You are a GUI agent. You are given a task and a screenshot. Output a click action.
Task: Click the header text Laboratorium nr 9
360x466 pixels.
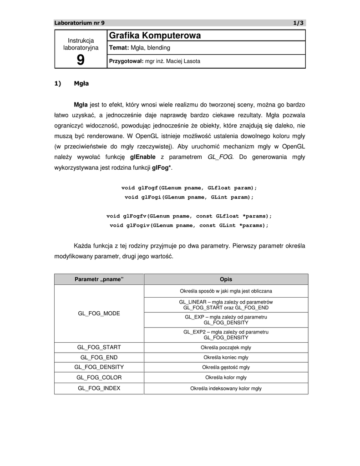79,23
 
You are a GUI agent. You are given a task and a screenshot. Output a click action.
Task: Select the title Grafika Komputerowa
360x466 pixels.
155,35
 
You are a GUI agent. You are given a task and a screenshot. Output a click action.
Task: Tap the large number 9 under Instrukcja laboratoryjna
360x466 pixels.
81,60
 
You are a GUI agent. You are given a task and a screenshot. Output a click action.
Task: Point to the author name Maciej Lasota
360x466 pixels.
184,61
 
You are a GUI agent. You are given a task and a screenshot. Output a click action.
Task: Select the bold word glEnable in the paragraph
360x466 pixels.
142,157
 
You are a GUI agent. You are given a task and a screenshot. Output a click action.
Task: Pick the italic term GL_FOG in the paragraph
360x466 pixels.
220,157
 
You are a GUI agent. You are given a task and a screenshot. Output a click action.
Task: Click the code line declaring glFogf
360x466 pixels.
189,187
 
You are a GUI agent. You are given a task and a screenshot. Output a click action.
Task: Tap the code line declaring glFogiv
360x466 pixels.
189,225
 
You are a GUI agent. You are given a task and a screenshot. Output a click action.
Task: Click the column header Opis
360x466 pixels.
226,279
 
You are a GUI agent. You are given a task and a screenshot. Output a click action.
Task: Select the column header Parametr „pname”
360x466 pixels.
99,279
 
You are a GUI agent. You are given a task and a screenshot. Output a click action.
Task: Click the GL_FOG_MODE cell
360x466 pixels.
99,314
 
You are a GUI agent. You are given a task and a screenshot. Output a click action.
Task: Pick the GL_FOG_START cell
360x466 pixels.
99,347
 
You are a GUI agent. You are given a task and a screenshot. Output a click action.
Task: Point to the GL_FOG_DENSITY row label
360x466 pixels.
99,367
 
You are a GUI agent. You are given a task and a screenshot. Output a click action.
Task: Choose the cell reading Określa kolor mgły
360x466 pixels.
226,377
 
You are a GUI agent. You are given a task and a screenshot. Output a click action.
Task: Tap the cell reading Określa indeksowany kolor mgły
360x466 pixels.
226,388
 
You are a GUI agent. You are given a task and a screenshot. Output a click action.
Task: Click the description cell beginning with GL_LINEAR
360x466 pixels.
226,305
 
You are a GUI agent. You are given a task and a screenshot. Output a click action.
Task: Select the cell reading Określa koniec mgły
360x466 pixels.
226,357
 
